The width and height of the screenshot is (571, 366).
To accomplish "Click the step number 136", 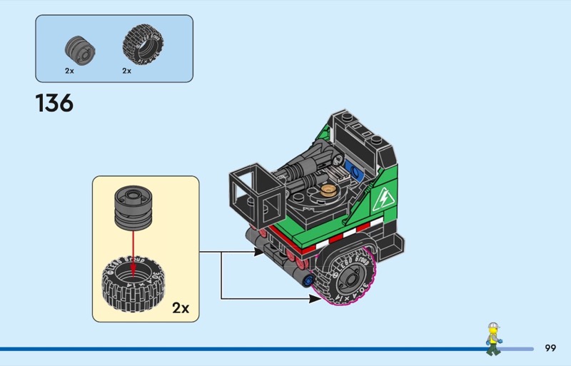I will [54, 103].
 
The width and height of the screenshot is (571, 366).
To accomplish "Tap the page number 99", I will [550, 348].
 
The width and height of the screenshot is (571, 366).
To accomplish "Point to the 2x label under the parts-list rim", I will [69, 71].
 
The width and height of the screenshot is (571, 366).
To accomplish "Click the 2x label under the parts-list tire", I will [126, 71].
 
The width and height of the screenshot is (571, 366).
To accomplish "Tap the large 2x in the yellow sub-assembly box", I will [181, 308].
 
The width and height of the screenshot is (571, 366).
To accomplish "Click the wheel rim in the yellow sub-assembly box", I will [133, 206].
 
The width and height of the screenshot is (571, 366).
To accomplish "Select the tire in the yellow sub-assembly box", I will [133, 281].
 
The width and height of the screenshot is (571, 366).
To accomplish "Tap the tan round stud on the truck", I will [329, 189].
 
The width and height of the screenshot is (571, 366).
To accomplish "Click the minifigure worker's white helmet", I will [492, 327].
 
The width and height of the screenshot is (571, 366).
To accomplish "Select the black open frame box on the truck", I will [258, 189].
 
